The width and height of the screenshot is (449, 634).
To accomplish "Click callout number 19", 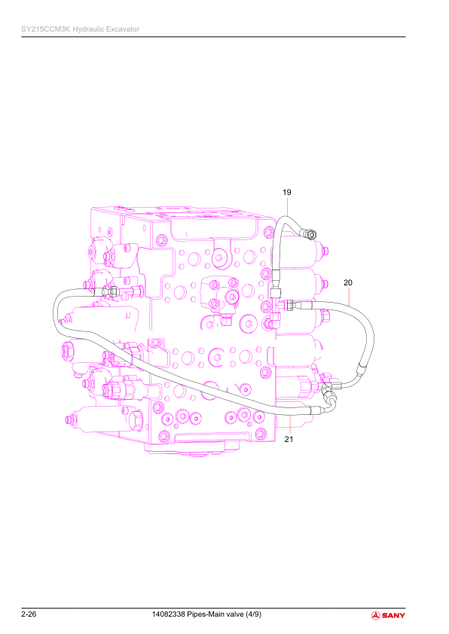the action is coord(287,192).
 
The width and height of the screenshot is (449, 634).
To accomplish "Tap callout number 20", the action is coord(348,282).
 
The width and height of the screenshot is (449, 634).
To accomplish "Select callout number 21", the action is coord(289,439).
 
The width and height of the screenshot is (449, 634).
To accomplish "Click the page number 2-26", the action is coord(29,614).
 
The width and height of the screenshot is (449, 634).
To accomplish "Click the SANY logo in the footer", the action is coord(388,615).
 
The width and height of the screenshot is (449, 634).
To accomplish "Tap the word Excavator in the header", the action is coord(123,29).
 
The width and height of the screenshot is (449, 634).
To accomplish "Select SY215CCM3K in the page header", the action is coord(46,29).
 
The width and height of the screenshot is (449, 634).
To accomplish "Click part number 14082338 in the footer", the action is coord(168,614).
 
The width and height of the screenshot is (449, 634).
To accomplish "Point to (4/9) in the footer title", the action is coord(253,614).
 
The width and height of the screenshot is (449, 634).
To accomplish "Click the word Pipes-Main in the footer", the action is coord(205,614).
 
